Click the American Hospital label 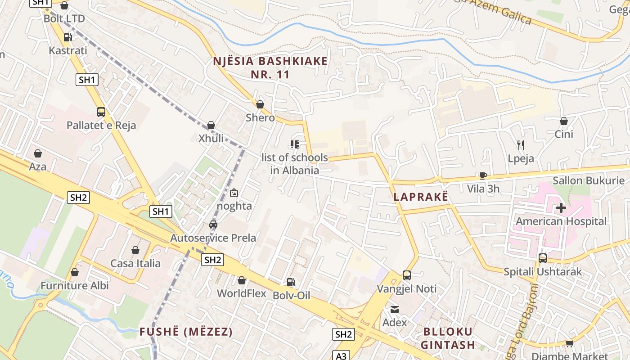click(x=561, y=221)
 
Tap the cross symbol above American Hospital click(x=561, y=208)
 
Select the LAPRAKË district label click(x=421, y=197)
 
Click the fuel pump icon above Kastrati click(x=68, y=37)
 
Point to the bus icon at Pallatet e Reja click(x=101, y=112)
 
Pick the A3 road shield click(x=341, y=355)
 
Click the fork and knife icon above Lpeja click(x=521, y=145)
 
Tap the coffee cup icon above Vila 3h click(x=483, y=175)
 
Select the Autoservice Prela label click(x=213, y=238)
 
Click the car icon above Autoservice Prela click(x=213, y=225)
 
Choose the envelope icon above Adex click(x=395, y=309)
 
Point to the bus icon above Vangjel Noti click(x=407, y=275)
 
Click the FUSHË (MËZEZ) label click(x=186, y=332)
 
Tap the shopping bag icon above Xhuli click(x=211, y=125)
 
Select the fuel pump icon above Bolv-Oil click(x=291, y=282)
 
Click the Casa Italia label click(x=135, y=263)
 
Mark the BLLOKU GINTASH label click(x=448, y=338)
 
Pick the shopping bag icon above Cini click(x=564, y=121)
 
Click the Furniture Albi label click(x=75, y=286)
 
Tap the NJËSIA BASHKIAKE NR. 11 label click(x=270, y=67)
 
